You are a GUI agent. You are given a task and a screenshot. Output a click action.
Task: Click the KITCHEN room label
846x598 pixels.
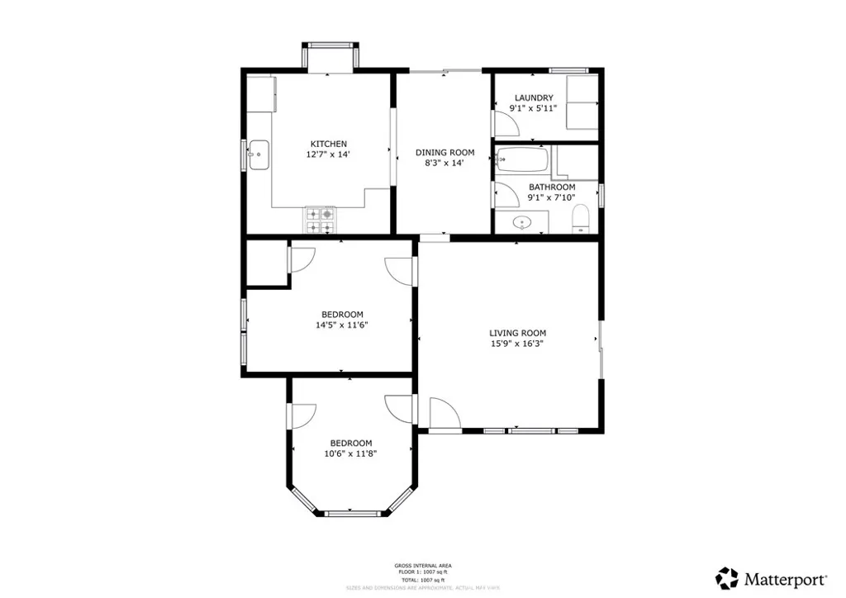coord(328,144)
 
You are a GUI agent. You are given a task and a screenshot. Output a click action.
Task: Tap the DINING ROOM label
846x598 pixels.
coord(444,152)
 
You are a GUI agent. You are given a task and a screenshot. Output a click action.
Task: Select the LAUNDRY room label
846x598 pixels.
coord(533,97)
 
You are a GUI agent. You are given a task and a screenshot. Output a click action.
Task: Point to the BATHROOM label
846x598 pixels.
coord(552,187)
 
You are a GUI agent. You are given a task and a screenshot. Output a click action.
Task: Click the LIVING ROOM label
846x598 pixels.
coord(517,333)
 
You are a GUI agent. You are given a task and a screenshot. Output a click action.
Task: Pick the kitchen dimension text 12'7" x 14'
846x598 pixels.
coord(328,154)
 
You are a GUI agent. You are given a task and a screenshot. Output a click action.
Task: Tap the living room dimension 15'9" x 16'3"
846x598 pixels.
coord(517,344)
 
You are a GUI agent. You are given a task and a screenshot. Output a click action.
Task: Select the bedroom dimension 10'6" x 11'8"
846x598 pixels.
coord(350,453)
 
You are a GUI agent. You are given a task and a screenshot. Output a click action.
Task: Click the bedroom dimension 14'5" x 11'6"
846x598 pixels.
coord(342,325)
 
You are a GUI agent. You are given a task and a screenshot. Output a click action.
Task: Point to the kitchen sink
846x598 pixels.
coord(259,154)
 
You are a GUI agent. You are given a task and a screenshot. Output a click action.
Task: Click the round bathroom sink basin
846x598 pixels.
coord(522,222)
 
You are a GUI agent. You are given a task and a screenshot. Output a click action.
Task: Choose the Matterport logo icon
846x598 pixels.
coord(727,577)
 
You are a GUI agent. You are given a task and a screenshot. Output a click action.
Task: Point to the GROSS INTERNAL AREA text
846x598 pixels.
coord(422,566)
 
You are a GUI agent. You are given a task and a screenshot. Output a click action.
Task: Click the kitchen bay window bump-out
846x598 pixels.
coord(330,57)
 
